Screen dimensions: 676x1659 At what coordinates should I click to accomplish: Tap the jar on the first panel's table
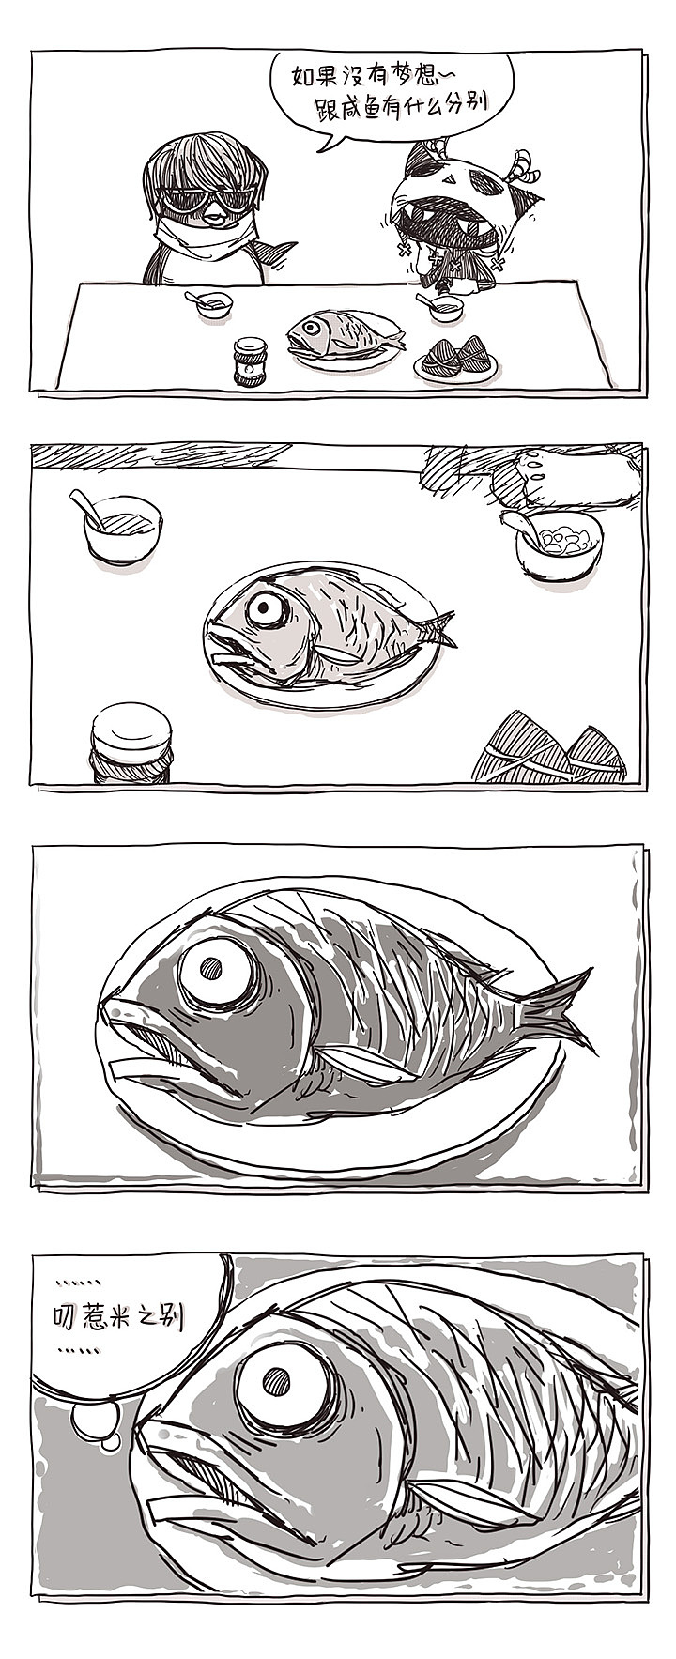tap(249, 362)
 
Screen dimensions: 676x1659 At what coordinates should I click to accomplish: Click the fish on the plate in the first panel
tap(344, 334)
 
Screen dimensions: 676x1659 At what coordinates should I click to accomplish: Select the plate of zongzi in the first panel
tap(455, 361)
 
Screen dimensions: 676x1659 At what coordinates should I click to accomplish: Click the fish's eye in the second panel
tap(268, 609)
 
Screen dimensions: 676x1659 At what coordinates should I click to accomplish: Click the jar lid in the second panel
tap(131, 726)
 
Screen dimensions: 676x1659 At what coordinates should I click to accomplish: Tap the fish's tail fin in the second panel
tap(436, 629)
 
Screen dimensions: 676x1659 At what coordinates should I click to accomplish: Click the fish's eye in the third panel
tap(218, 969)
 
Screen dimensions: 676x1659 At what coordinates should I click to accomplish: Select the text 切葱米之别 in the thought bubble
tap(115, 1317)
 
